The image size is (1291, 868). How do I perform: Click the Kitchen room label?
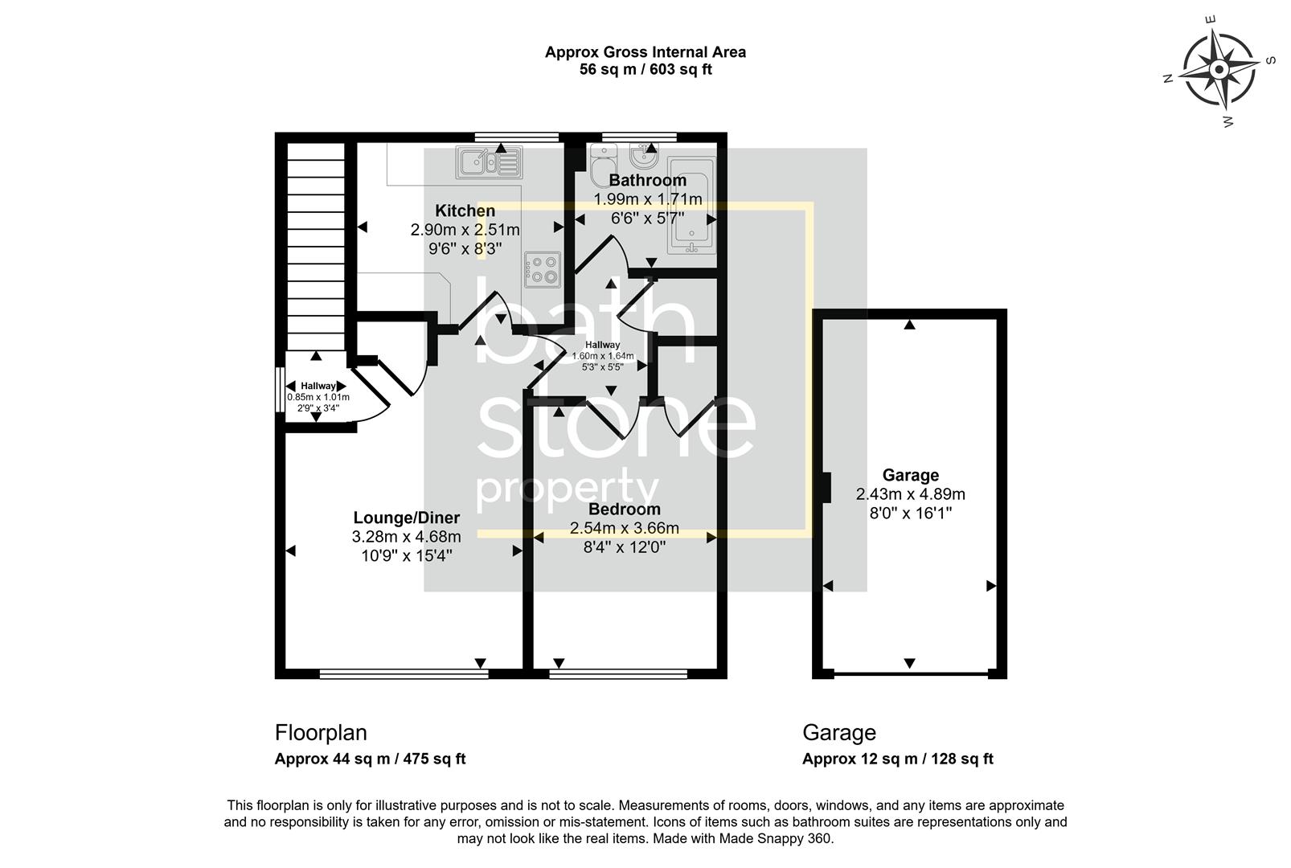(x=465, y=211)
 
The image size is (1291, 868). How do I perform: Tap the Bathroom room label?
(x=647, y=181)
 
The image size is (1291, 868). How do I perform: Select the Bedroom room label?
(x=624, y=510)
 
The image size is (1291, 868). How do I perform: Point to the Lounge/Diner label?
(x=407, y=518)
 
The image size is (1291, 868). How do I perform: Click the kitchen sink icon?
(x=490, y=162)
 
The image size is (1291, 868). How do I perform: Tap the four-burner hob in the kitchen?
(x=542, y=269)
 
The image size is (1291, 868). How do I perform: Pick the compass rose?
(x=1219, y=70)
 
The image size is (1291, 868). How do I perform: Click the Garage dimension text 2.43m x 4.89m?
(x=910, y=495)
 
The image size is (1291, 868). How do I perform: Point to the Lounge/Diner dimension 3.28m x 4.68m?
(x=407, y=537)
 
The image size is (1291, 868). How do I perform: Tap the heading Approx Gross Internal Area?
(x=645, y=52)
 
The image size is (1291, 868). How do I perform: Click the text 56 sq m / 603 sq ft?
(x=645, y=70)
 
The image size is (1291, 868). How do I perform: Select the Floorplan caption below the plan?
(x=321, y=733)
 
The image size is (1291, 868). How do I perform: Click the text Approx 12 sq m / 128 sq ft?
(x=897, y=759)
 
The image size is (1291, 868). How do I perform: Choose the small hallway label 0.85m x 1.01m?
(x=318, y=397)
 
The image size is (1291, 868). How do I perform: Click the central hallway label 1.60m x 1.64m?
(x=602, y=356)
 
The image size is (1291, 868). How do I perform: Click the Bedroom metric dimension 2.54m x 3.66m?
(x=624, y=529)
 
